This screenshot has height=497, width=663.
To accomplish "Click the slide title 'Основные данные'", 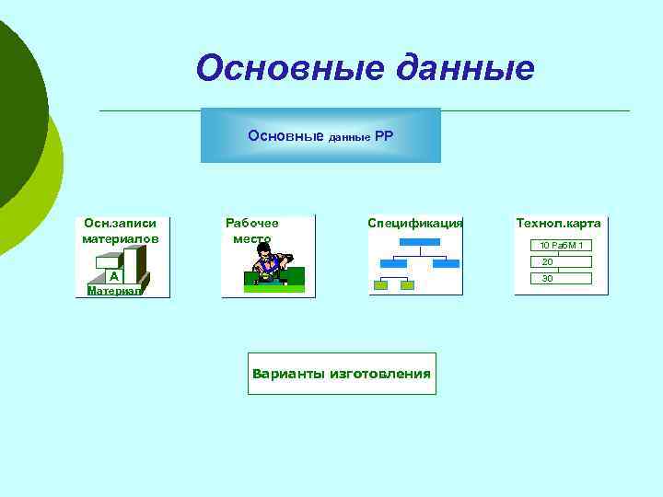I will pos(365,68).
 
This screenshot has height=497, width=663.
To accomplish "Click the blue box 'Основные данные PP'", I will pos(320,135).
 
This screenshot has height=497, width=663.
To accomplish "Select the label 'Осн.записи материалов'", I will pos(120,231).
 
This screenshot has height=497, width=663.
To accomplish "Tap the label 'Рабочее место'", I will pos(251,231).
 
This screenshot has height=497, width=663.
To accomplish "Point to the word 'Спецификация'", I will pos(414,224).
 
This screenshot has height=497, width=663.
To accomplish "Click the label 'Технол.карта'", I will pos(558,224).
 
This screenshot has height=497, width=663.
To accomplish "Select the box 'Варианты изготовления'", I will pos(342,374).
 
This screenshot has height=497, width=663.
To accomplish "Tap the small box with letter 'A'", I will pos(112,275).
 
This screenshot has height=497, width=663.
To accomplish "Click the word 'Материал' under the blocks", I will pos(114,290).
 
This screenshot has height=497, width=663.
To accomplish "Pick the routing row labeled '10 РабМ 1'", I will pos(560,245).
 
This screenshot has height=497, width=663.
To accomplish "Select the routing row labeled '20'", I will pos(547,261).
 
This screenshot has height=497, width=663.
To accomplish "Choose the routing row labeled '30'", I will pos(547,278).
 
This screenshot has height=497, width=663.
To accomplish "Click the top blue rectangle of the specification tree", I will pos(420,243).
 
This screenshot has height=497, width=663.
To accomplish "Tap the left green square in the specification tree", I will pos(380,285).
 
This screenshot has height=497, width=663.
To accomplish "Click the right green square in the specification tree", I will pos(407,285).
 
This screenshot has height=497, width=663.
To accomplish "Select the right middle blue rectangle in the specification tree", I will pos(446,263).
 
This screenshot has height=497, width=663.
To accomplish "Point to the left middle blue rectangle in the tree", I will pos(393,263).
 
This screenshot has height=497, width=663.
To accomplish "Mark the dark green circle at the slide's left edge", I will pos(14,110).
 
